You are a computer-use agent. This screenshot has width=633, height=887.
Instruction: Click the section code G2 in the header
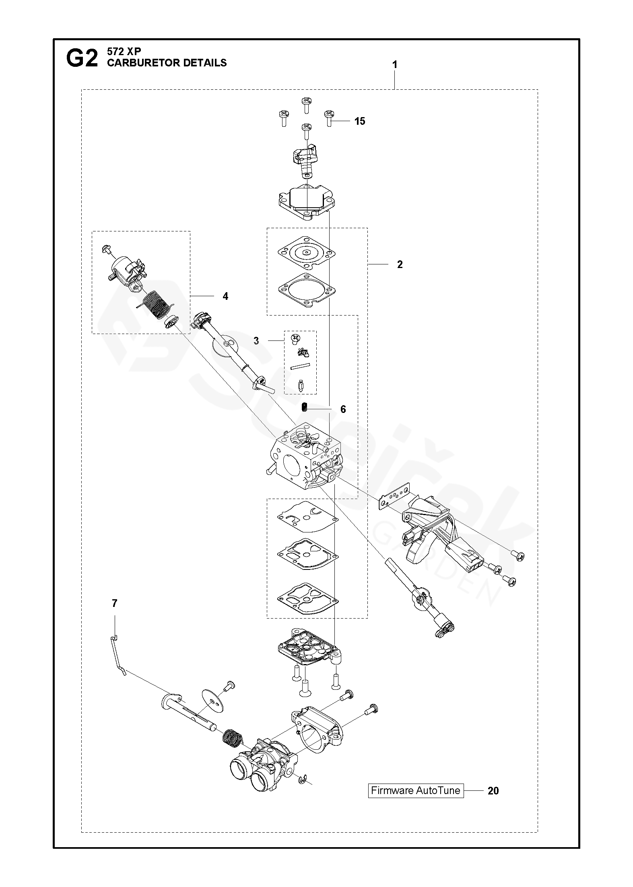[x=82, y=59]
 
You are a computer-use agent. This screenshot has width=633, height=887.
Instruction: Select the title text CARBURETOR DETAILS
[x=167, y=63]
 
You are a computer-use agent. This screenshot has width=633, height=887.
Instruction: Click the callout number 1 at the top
[x=395, y=64]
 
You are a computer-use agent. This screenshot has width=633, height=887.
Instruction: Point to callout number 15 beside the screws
[x=360, y=121]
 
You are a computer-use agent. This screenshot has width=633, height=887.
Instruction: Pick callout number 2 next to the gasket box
[x=400, y=264]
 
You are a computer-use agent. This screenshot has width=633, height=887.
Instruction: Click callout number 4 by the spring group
[x=225, y=296]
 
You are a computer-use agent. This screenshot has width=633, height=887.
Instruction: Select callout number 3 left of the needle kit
[x=256, y=340]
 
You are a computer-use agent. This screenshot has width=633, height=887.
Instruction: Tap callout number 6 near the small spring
[x=343, y=409]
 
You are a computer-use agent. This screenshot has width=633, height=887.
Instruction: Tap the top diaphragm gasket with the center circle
[x=306, y=253]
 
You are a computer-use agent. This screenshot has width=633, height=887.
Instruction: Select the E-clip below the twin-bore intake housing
[x=302, y=780]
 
